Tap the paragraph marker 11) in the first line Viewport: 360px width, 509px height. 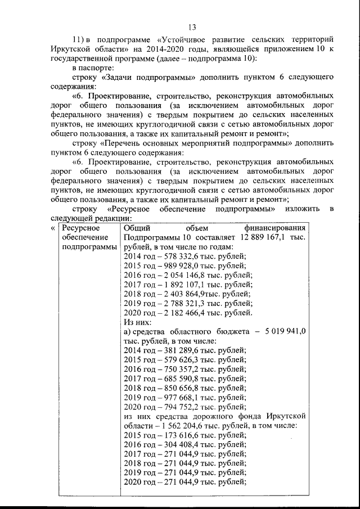[x=81, y=40]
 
